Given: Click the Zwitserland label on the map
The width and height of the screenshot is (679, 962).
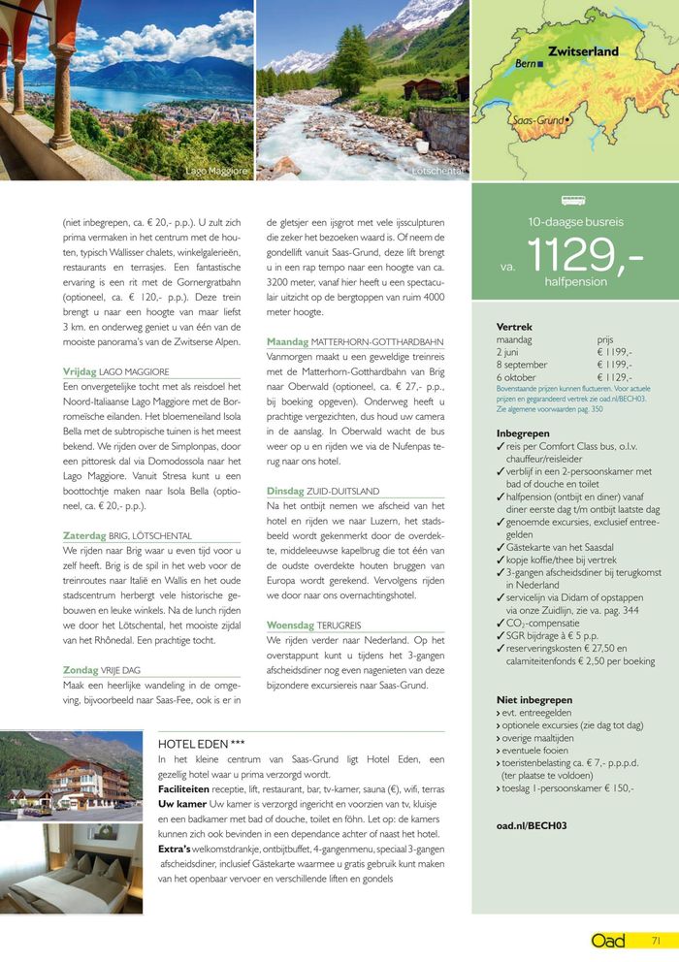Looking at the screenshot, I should pyautogui.click(x=583, y=50).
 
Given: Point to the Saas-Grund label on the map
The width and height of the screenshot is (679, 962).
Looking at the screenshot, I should pyautogui.click(x=536, y=120).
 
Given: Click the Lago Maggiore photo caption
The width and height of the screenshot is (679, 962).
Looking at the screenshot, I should pyautogui.click(x=217, y=171).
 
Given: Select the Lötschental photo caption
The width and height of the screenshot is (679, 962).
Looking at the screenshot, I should pyautogui.click(x=438, y=171).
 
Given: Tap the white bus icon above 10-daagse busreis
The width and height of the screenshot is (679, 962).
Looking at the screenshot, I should pyautogui.click(x=573, y=201).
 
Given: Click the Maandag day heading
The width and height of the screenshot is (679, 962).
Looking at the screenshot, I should pyautogui.click(x=288, y=342).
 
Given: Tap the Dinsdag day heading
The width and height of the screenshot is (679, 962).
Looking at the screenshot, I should pyautogui.click(x=287, y=492).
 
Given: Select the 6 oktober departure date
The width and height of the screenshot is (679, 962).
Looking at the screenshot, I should pyautogui.click(x=517, y=377).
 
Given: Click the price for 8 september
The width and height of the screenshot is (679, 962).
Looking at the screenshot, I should pyautogui.click(x=615, y=365).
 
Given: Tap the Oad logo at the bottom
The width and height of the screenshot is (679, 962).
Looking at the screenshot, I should pyautogui.click(x=607, y=940).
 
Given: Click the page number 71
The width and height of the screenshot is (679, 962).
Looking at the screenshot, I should pyautogui.click(x=656, y=940).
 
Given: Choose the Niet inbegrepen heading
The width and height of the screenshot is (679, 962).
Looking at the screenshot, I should pyautogui.click(x=533, y=699).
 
